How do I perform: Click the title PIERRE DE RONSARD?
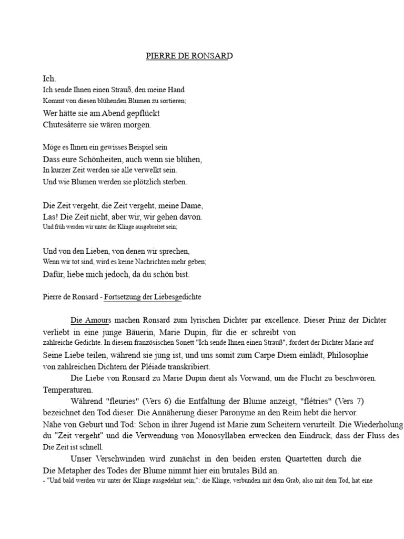click(x=189, y=56)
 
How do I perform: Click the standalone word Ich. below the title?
click(x=49, y=78)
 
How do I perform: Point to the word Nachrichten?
click(x=157, y=262)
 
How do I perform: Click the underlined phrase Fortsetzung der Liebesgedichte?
click(x=153, y=297)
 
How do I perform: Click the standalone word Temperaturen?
click(x=67, y=390)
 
